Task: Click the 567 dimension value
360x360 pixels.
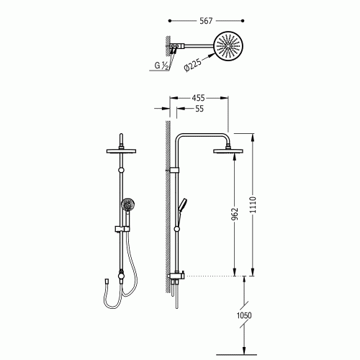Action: pyautogui.click(x=206, y=21)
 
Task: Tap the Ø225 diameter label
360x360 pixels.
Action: pyautogui.click(x=193, y=64)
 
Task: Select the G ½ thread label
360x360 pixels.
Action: pyautogui.click(x=161, y=66)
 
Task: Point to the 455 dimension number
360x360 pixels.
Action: pyautogui.click(x=198, y=98)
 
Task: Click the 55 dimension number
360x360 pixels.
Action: pyautogui.click(x=199, y=109)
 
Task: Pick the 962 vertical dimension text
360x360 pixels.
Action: pyautogui.click(x=234, y=214)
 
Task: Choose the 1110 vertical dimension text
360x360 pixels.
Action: pyautogui.click(x=253, y=204)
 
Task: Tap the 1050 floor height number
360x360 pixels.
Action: pyautogui.click(x=244, y=315)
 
